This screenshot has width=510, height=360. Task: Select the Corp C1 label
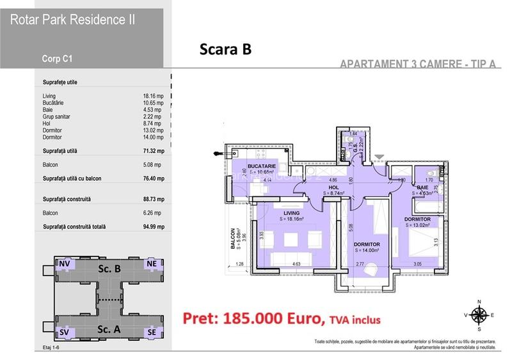(56, 59)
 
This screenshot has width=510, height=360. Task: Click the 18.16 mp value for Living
(154, 96)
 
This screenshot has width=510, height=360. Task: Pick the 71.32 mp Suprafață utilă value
(154, 150)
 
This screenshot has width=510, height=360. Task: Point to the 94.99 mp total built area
(154, 227)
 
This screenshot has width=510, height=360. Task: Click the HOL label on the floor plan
(333, 187)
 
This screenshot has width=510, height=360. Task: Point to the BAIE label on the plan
(424, 187)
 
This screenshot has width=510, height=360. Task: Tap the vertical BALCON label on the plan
(234, 242)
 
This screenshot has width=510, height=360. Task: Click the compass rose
(479, 314)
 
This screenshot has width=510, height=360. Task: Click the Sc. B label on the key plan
(109, 269)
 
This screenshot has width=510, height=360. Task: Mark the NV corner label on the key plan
(65, 263)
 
